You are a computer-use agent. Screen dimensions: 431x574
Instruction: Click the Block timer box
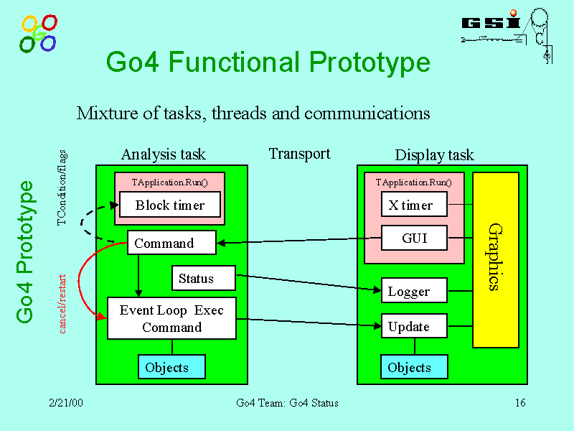pyautogui.click(x=171, y=205)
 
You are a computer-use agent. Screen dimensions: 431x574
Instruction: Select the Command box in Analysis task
pyautogui.click(x=171, y=243)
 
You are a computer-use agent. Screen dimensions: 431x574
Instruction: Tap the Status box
pyautogui.click(x=204, y=279)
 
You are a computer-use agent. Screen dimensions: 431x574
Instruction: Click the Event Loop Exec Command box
pyautogui.click(x=171, y=319)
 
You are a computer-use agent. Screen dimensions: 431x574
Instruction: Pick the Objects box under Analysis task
pyautogui.click(x=171, y=367)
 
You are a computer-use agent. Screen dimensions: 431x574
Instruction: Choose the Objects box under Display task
pyautogui.click(x=414, y=367)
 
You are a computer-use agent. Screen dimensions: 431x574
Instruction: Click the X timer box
pyautogui.click(x=414, y=205)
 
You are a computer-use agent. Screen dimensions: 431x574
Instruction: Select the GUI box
pyautogui.click(x=414, y=238)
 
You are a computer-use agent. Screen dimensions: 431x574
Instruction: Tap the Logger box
pyautogui.click(x=414, y=291)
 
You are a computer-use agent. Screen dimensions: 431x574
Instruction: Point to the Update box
pyautogui.click(x=414, y=326)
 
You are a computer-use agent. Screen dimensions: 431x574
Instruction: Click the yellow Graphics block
pyautogui.click(x=495, y=259)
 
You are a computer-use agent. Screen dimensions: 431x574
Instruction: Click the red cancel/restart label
pyautogui.click(x=63, y=303)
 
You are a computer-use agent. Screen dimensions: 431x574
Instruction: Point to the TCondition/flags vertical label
pyautogui.click(x=62, y=187)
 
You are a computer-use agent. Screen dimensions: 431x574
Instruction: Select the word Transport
pyautogui.click(x=299, y=154)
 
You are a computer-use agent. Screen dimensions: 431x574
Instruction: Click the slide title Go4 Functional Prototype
pyautogui.click(x=268, y=63)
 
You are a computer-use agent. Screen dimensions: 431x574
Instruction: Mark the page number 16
pyautogui.click(x=520, y=403)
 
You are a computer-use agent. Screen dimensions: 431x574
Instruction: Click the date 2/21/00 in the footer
pyautogui.click(x=66, y=403)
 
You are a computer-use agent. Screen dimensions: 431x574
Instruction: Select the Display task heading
pyautogui.click(x=434, y=155)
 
